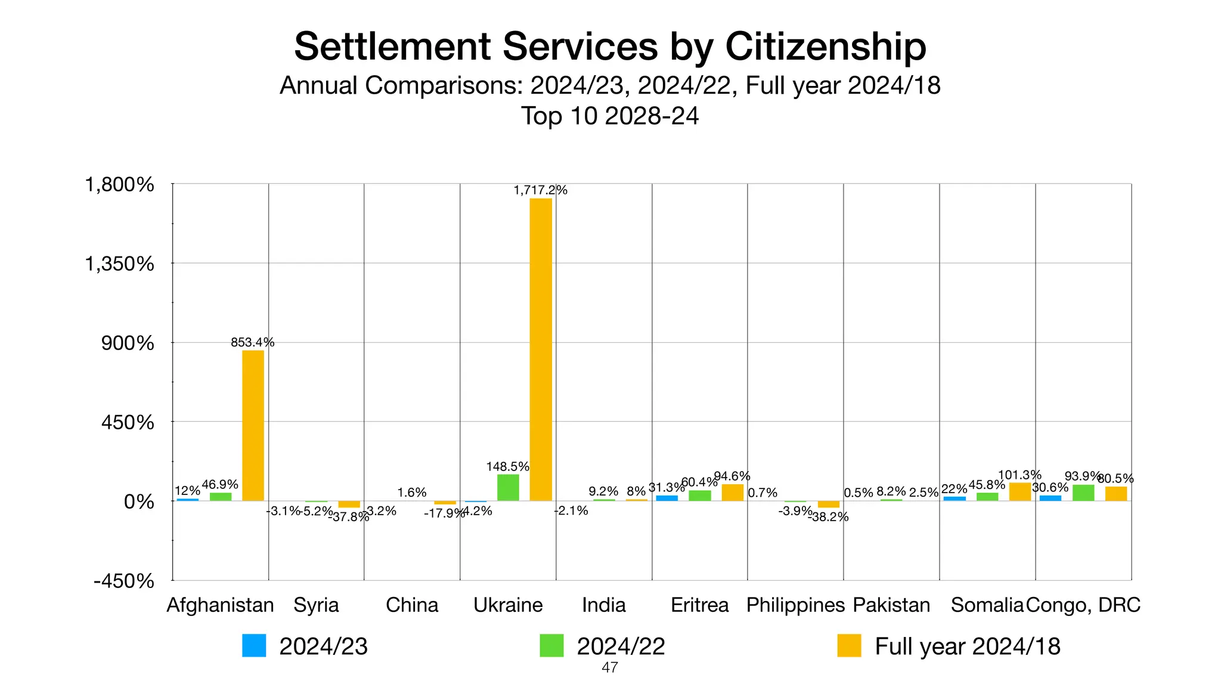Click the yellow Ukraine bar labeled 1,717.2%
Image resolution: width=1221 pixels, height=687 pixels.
pyautogui.click(x=541, y=349)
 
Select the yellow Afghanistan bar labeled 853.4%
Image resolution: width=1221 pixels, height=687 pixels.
pyautogui.click(x=253, y=425)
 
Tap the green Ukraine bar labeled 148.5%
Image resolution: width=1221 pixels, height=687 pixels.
pyautogui.click(x=508, y=487)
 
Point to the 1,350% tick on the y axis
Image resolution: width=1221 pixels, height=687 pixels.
pyautogui.click(x=120, y=264)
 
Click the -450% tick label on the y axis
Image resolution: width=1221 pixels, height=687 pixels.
pyautogui.click(x=124, y=581)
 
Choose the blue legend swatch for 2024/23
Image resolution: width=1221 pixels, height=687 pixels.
pyautogui.click(x=254, y=646)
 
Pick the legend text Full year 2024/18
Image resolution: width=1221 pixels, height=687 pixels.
pyautogui.click(x=967, y=646)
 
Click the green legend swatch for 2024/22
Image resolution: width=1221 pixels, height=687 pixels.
pyautogui.click(x=551, y=646)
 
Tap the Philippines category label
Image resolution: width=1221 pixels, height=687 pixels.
pyautogui.click(x=795, y=605)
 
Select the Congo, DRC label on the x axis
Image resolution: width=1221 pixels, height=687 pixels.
pyautogui.click(x=1083, y=605)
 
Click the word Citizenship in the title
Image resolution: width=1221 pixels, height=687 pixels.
pyautogui.click(x=826, y=47)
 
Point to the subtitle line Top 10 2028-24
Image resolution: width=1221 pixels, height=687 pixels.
pyautogui.click(x=610, y=116)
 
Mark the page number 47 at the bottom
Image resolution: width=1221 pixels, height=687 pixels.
pyautogui.click(x=609, y=668)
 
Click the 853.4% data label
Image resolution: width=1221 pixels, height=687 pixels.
pyautogui.click(x=252, y=342)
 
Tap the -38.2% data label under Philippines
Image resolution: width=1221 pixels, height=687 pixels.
pyautogui.click(x=828, y=517)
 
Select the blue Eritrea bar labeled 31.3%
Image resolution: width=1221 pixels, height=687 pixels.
pyautogui.click(x=667, y=498)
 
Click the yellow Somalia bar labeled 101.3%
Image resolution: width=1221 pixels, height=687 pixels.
pyautogui.click(x=1020, y=492)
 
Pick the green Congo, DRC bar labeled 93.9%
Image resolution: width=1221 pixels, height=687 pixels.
pyautogui.click(x=1083, y=493)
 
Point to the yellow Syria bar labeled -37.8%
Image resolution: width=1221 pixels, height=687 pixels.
pyautogui.click(x=349, y=504)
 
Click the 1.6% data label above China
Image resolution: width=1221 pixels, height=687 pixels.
pyautogui.click(x=412, y=493)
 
